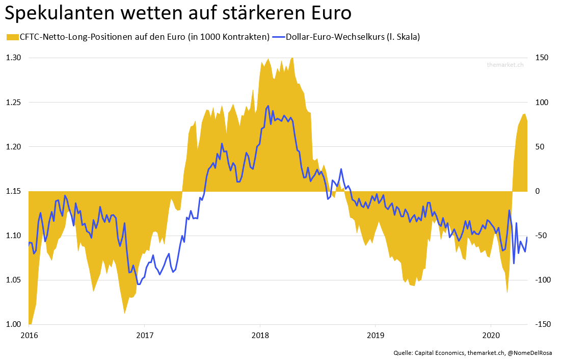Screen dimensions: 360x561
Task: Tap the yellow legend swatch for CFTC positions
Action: pos(11,37)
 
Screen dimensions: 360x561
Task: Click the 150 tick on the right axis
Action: pos(541,58)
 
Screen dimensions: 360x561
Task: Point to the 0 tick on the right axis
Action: pos(537,191)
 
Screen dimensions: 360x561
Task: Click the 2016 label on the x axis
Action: pos(29,336)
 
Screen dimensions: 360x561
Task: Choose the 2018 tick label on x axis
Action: pos(260,336)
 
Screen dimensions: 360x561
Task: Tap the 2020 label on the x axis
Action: pos(491,336)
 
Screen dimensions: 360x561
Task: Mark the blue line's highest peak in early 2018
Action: pos(268,106)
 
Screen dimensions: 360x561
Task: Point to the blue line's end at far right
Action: pos(527,237)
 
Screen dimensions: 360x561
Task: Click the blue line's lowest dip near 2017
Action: pos(139,285)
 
